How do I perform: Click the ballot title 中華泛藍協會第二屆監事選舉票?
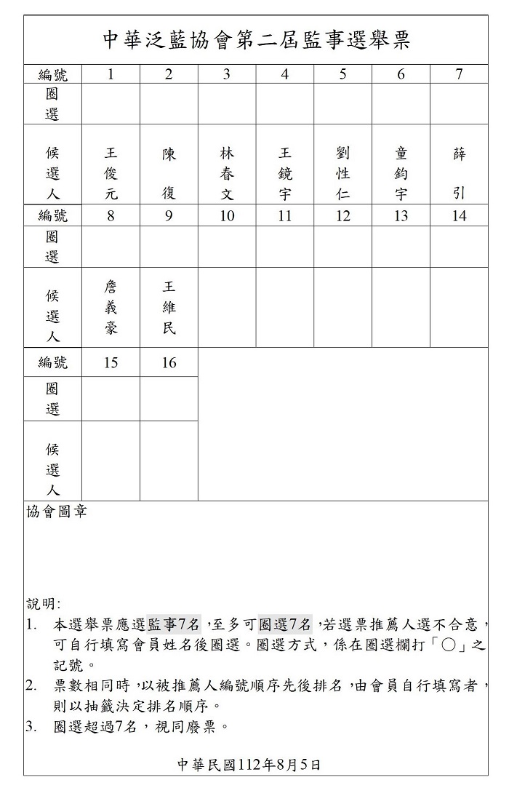pos(256,40)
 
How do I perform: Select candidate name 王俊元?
pos(111,174)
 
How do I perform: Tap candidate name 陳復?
pos(169,174)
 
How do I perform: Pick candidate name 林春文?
pos(227,174)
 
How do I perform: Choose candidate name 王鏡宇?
pos(285,174)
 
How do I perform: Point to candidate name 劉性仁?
pos(343,174)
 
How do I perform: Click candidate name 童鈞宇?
pos(401,174)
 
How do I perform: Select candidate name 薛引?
pos(459,174)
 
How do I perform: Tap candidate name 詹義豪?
pos(111,308)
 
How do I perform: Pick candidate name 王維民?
pos(169,308)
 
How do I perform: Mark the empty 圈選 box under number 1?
pos(111,104)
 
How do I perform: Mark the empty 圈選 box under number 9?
pos(169,247)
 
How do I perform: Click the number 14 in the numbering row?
pos(459,216)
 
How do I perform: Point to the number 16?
pos(169,362)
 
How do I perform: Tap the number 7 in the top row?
pos(459,74)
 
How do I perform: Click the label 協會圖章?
pos(57,512)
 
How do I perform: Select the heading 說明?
pos(44,603)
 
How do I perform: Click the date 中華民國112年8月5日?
pos(249,764)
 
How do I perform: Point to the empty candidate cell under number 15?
pos(111,461)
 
